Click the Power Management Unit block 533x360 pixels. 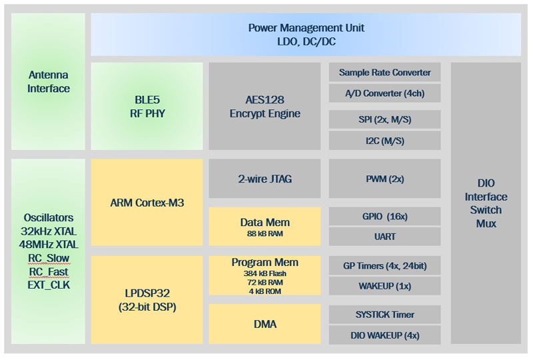tap(306, 35)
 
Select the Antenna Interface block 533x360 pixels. tap(48, 81)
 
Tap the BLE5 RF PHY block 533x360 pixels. tap(147, 106)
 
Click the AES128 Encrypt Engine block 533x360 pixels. tap(265, 106)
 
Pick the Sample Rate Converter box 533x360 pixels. tap(385, 72)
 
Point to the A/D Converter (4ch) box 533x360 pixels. tap(385, 93)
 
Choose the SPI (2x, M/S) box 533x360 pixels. tap(385, 119)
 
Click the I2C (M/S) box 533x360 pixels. tap(385, 141)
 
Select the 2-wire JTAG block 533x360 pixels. tap(265, 179)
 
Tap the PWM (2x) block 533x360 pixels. tap(385, 179)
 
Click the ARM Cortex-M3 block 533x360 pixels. tap(147, 203)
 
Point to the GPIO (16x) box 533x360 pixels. tap(385, 217)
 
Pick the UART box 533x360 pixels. tap(385, 237)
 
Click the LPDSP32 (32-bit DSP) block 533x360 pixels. tap(147, 300)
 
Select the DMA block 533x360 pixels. tap(265, 324)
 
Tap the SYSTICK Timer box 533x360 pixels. tap(385, 315)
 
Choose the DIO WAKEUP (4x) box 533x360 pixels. tap(385, 335)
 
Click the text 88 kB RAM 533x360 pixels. tap(265, 234)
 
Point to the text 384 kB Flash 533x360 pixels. tap(265, 273)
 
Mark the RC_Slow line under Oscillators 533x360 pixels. tap(49, 258)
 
